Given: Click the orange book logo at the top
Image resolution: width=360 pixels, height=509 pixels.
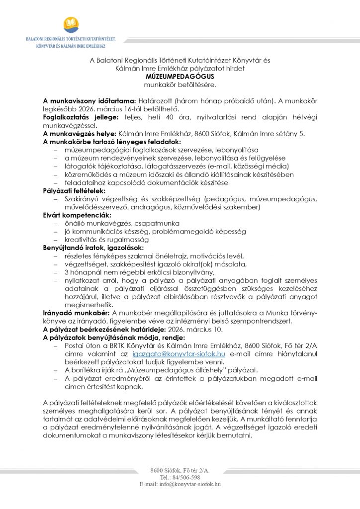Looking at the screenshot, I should pyautogui.click(x=71, y=24).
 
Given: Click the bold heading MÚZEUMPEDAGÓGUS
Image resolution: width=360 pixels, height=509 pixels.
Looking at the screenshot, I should pyautogui.click(x=180, y=77).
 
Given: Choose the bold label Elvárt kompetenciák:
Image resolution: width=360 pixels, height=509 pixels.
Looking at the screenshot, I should pyautogui.click(x=73, y=216).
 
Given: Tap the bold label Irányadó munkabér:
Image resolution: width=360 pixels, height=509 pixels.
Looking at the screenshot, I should pyautogui.click(x=77, y=313).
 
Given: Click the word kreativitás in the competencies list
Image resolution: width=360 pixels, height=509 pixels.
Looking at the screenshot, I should pyautogui.click(x=82, y=240).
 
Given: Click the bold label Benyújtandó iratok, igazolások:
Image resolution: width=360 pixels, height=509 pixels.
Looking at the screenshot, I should pyautogui.click(x=93, y=248).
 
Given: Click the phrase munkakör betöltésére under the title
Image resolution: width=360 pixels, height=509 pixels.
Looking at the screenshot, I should pyautogui.click(x=180, y=85).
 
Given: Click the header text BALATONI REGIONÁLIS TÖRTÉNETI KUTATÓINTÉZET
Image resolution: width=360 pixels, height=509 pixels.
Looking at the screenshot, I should pyautogui.click(x=71, y=39).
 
